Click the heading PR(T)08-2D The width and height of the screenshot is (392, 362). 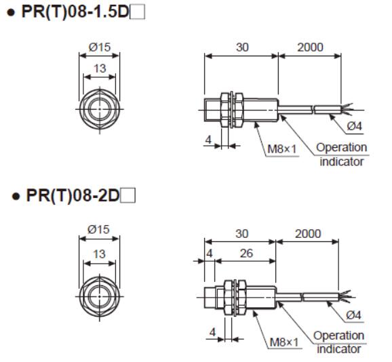pos(71,197)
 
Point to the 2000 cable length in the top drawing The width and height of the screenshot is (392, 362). pos(310,47)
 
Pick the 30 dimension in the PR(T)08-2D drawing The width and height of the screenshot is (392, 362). pos(241,233)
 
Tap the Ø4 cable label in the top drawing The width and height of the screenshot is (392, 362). pos(354,125)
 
